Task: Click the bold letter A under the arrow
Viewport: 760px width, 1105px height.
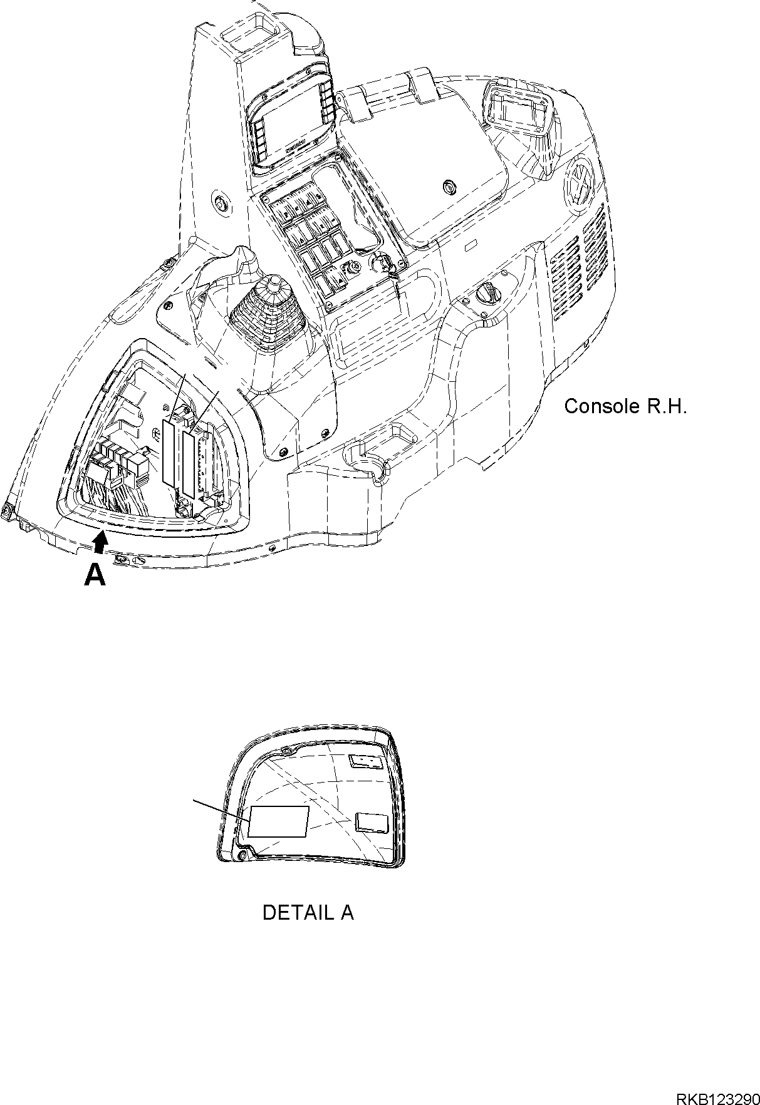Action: coord(95,574)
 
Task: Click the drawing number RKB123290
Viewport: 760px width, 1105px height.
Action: coord(717,1082)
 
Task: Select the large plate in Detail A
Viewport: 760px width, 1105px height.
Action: coord(279,821)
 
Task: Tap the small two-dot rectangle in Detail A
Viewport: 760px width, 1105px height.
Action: coord(365,761)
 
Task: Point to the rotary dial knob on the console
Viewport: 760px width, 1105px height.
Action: coord(485,293)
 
